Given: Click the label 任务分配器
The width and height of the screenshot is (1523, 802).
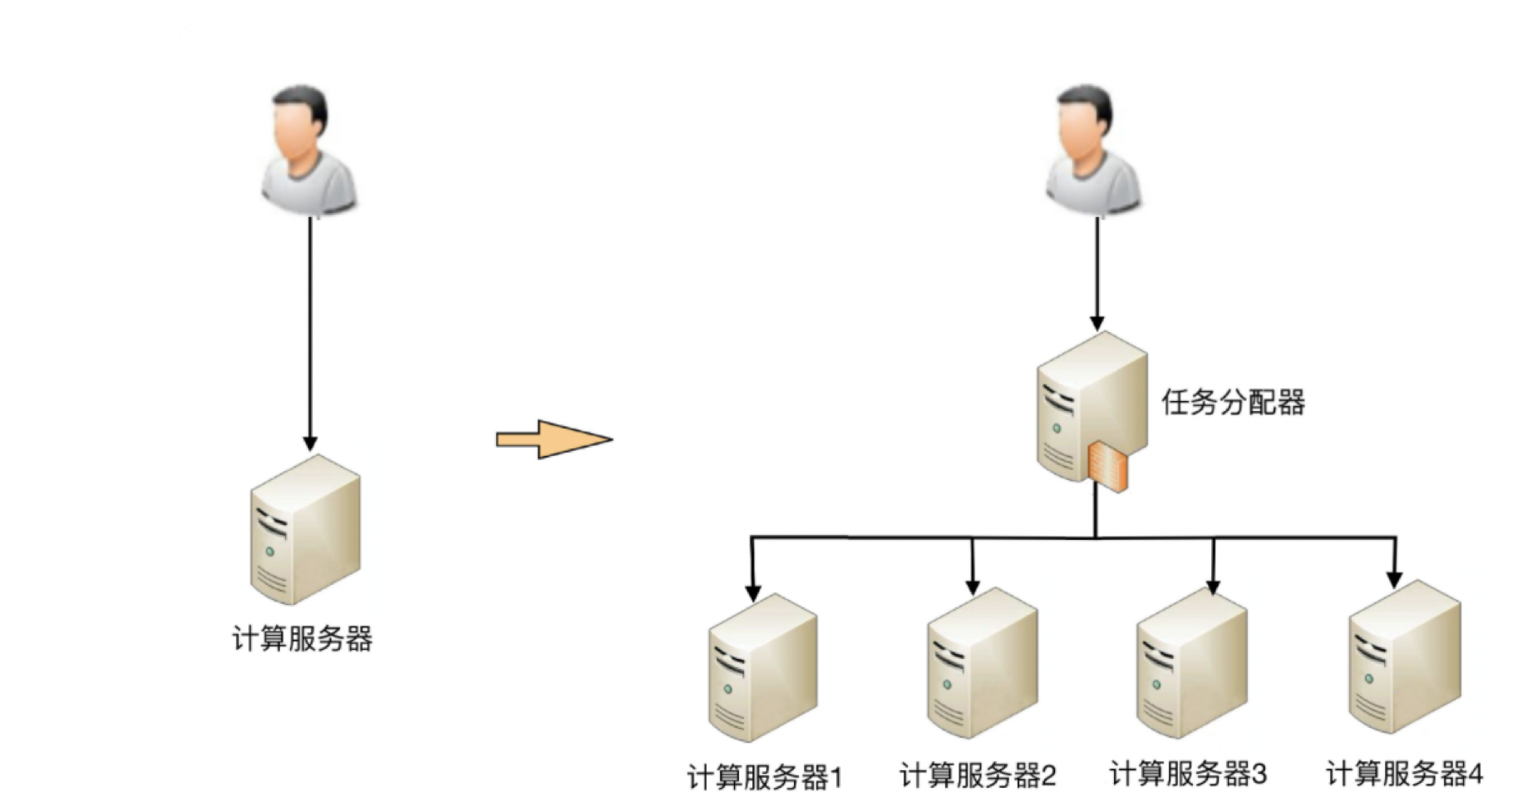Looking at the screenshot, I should click(x=1233, y=403).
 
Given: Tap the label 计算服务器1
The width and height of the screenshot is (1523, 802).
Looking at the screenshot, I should click(x=765, y=778).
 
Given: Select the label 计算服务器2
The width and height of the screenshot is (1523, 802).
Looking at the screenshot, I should click(x=978, y=776).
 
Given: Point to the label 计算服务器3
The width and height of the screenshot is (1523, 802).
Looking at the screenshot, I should click(x=1188, y=774).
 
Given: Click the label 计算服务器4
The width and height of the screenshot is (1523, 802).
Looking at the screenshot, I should click(x=1404, y=774).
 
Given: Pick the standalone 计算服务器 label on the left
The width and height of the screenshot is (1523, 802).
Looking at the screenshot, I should click(x=303, y=639).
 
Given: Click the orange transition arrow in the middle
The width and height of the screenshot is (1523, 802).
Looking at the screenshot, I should click(x=554, y=439).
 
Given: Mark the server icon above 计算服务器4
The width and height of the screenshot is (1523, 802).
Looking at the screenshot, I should click(x=1404, y=658).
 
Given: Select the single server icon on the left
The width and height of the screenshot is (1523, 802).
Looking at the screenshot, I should click(x=305, y=531).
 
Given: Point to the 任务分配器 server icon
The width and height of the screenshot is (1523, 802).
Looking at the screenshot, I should click(x=1091, y=408).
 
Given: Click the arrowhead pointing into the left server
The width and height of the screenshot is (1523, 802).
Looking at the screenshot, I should click(x=310, y=443).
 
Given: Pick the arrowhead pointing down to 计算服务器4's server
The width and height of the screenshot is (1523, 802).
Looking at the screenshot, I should click(x=1394, y=579).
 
